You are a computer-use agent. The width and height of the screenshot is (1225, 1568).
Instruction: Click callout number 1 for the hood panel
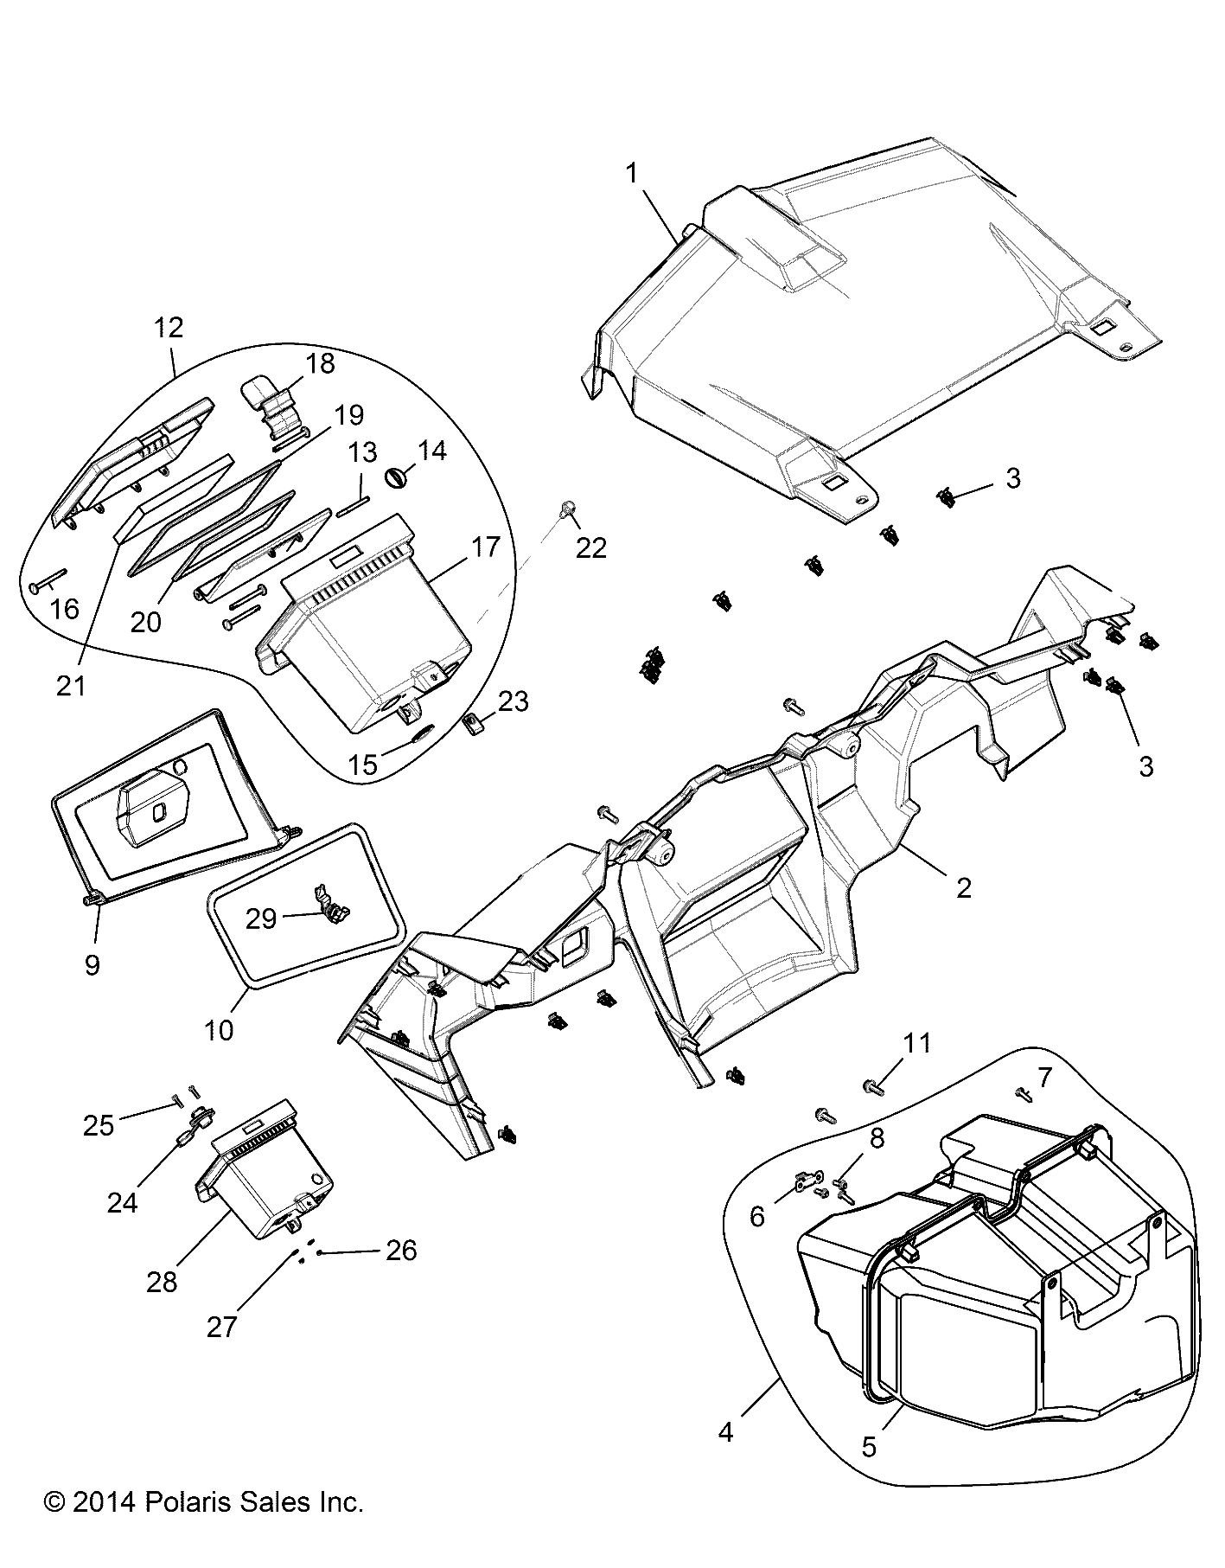click(x=632, y=173)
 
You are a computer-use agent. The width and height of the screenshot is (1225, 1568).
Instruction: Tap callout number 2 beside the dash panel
click(x=963, y=887)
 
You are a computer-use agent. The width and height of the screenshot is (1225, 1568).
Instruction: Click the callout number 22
click(x=591, y=547)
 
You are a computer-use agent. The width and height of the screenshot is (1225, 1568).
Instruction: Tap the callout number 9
click(x=92, y=964)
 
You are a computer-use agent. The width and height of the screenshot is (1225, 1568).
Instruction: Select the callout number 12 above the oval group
click(x=169, y=327)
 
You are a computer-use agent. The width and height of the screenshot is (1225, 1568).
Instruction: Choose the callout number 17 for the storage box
click(x=486, y=547)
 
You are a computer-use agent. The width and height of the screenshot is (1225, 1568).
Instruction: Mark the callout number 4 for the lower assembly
click(x=725, y=1432)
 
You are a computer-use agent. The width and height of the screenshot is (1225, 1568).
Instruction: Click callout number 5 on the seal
click(x=869, y=1446)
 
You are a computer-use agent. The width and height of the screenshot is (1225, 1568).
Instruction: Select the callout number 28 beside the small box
click(x=162, y=1282)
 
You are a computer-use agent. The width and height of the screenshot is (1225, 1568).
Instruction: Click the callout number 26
click(x=402, y=1250)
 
